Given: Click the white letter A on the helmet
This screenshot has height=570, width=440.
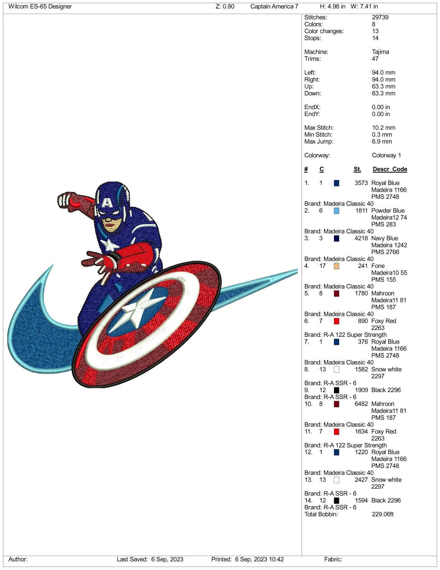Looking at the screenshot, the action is coord(107,202).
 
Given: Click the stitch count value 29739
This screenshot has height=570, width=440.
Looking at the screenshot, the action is coord(380,17).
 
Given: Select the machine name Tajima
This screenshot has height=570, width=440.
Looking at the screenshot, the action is coord(380,52).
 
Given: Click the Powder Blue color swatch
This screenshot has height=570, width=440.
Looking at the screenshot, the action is coord(336,211).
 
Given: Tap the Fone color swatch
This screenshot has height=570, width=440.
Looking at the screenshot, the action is coord(336,266).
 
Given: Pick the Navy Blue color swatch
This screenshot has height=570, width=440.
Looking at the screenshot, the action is coord(336,238).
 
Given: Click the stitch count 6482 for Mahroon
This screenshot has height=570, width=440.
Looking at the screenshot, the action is coord(361,404).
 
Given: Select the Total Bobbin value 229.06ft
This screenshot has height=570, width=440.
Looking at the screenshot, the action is coord(383,514).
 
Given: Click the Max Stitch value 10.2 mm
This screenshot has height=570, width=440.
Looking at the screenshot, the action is coord(383,128).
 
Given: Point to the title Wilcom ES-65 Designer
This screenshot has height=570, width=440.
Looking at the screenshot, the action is coord(40,7).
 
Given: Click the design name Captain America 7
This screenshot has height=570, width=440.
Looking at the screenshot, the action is coord(274,7).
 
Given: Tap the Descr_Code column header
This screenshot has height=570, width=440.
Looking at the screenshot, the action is coord(390,169).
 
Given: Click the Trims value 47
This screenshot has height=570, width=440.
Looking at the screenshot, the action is coord(375,59).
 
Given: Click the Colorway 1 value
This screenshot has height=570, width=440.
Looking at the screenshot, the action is coord(386,155).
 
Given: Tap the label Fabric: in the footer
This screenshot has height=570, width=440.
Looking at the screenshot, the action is coord(333,559).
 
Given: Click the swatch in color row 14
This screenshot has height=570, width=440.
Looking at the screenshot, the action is coord(336,501).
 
